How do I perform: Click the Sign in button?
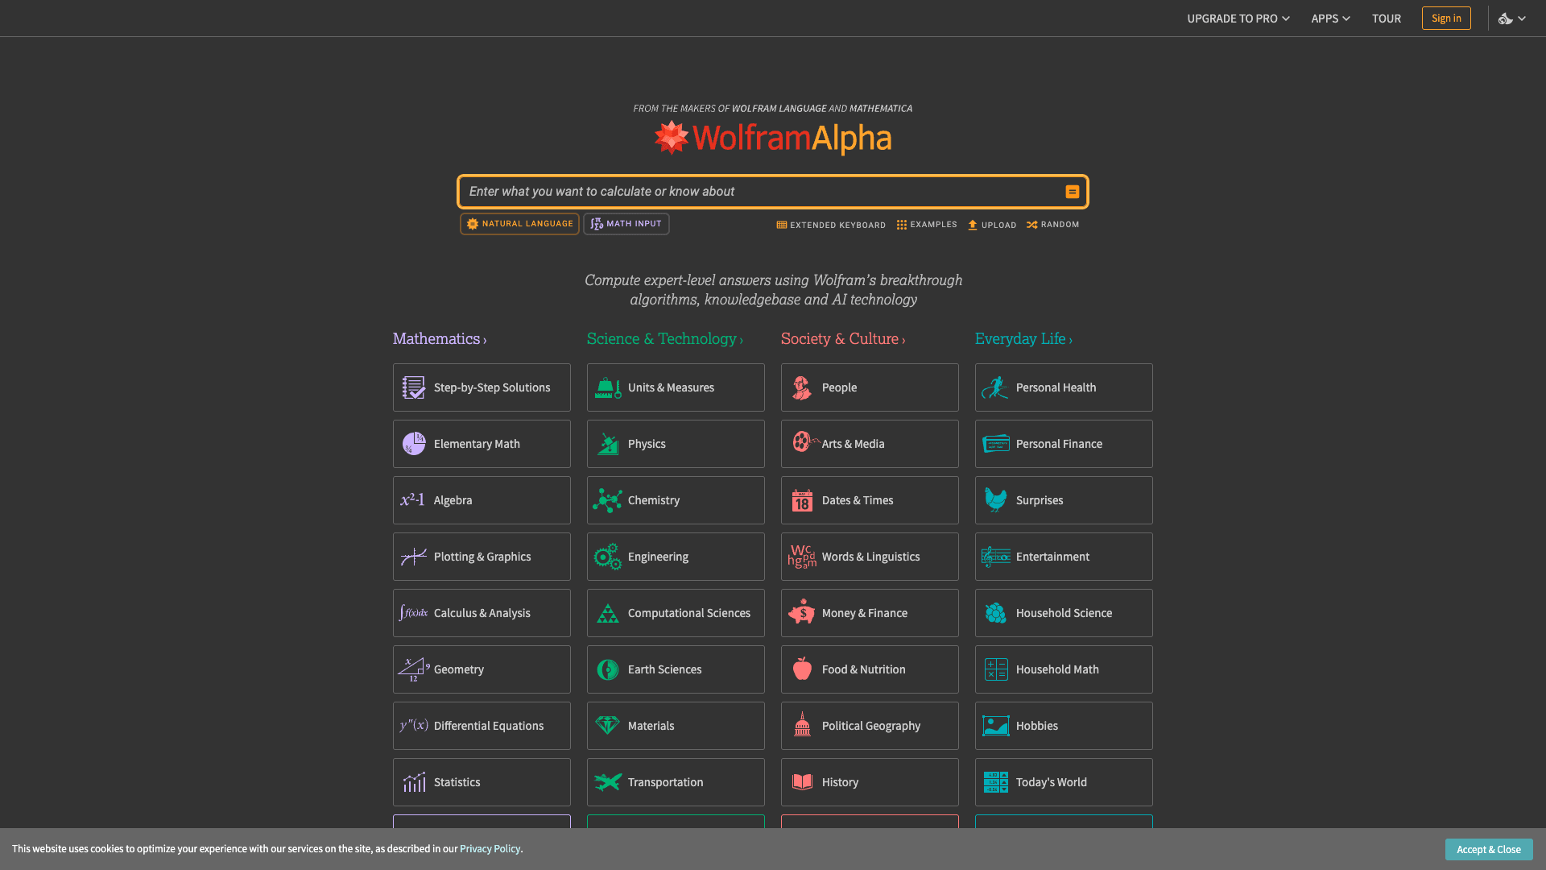[1445, 18]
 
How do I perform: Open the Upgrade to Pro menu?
[1237, 18]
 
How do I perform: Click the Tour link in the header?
[1386, 18]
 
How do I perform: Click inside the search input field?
[757, 192]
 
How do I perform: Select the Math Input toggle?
[626, 224]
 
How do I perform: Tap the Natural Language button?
[519, 224]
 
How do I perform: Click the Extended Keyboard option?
[830, 225]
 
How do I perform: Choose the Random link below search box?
[1052, 225]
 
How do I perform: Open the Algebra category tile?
[481, 500]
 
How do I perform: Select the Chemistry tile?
[675, 500]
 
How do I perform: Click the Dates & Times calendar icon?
[802, 501]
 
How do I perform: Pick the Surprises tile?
[1063, 500]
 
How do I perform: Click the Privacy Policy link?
[490, 849]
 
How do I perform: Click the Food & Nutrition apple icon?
[802, 669]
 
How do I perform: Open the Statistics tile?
[481, 782]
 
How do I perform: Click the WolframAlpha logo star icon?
[671, 138]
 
